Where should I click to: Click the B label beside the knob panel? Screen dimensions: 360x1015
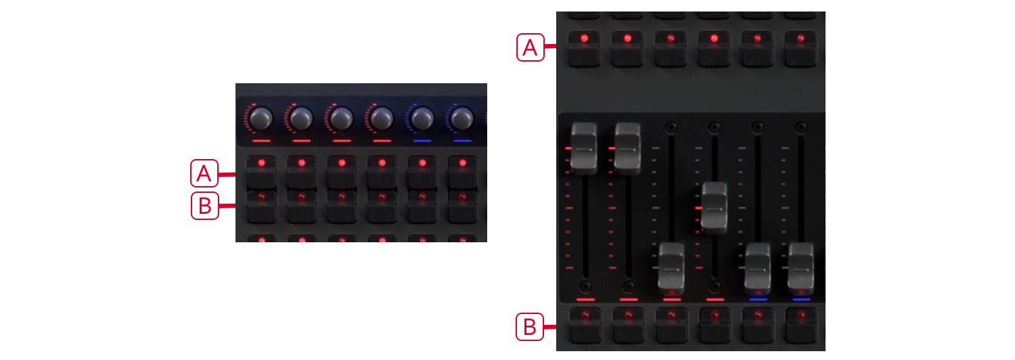point(204,206)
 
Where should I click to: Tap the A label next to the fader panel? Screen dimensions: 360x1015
point(531,47)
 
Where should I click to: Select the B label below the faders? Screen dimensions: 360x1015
point(530,328)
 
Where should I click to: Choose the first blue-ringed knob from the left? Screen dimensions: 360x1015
point(422,119)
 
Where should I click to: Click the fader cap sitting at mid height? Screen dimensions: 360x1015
point(715,208)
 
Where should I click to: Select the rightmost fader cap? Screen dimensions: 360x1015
point(801,268)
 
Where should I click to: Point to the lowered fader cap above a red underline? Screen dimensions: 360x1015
point(672,268)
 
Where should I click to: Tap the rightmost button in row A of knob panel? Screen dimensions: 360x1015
point(462,172)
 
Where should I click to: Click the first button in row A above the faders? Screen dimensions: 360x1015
point(584,47)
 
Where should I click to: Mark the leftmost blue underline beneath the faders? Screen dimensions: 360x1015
point(758,299)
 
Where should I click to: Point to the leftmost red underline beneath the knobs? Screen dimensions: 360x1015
point(261,141)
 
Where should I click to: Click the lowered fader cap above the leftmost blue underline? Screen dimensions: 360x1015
point(758,268)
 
